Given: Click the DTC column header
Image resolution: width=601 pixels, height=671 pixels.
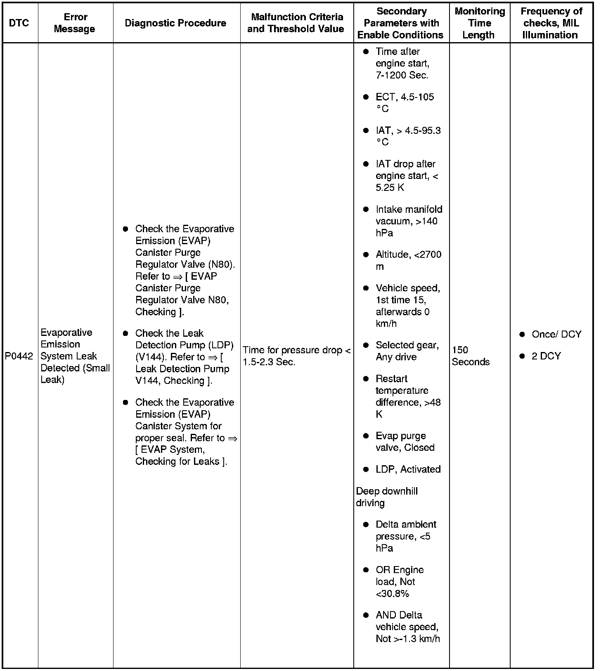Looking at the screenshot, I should (19, 23).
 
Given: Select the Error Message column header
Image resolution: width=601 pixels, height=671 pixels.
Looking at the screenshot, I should (75, 23).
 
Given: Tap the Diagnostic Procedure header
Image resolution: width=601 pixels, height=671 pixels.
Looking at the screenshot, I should (175, 23).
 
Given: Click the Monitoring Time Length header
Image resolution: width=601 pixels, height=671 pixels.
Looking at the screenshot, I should (479, 23).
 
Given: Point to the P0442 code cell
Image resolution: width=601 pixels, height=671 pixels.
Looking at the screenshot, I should (19, 356).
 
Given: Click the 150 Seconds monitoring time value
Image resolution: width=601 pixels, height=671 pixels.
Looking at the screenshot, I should (471, 356).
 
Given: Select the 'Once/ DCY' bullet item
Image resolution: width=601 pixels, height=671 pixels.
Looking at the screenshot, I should (556, 334).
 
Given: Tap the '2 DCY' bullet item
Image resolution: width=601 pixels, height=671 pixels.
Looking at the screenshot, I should (546, 356).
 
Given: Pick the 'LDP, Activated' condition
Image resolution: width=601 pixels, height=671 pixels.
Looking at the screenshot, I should (408, 469).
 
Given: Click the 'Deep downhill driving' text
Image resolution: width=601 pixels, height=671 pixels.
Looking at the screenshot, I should (387, 497).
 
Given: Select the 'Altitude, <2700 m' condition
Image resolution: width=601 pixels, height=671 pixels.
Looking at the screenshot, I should (408, 260).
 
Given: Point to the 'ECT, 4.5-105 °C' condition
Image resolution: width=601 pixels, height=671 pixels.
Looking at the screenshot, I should (405, 102).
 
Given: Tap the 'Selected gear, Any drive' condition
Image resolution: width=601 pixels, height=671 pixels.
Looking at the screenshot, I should (407, 351).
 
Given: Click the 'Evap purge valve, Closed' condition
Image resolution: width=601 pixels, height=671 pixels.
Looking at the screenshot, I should (405, 442).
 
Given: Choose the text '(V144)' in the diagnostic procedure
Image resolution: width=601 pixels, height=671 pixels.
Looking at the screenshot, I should (151, 357).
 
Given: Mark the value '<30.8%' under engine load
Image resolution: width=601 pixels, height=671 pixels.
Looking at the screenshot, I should (392, 594).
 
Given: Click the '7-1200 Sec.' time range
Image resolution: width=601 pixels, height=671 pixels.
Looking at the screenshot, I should (402, 75).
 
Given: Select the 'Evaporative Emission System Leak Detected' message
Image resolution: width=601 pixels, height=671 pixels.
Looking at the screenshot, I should (75, 356).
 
